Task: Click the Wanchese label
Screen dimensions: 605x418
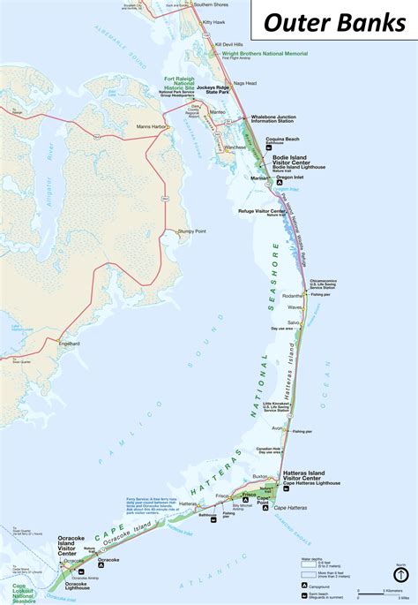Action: click(x=235, y=147)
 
